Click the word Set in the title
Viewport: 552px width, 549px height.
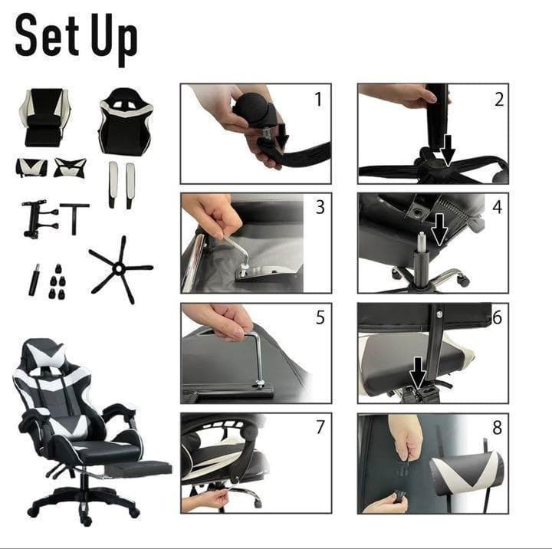tap(47, 35)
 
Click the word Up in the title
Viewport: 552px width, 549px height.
tap(113, 39)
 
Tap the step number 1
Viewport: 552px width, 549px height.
tap(318, 100)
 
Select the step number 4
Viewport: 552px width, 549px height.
tap(497, 207)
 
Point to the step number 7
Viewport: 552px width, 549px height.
tap(320, 428)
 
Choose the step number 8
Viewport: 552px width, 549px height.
tap(497, 428)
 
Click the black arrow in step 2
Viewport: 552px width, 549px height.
tap(448, 150)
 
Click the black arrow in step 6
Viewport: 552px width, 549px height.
tap(419, 373)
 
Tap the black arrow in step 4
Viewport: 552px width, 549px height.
tap(439, 229)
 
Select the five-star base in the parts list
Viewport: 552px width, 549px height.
tap(120, 270)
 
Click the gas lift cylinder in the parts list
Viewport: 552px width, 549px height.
tap(34, 280)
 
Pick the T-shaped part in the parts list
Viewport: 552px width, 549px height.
tap(74, 219)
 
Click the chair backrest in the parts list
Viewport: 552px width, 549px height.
tap(125, 121)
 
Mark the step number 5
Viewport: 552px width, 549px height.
tap(320, 317)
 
